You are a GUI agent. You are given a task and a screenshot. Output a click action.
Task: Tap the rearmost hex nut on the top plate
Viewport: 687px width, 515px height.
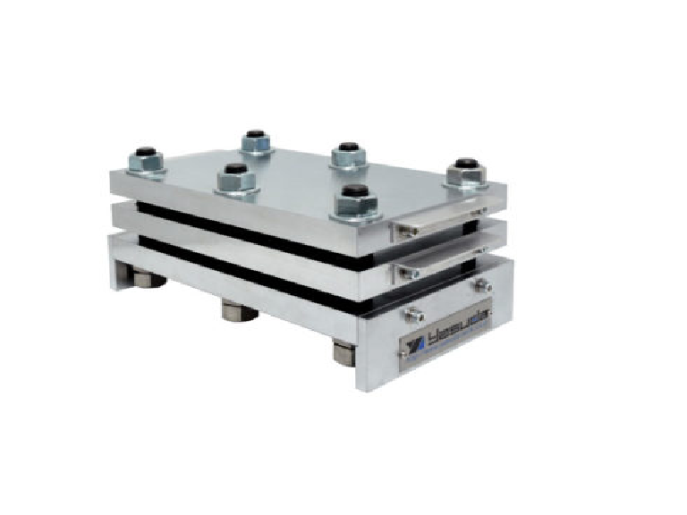pyautogui.click(x=257, y=141)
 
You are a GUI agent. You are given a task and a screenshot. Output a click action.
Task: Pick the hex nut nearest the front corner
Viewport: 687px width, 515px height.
pyautogui.click(x=356, y=201)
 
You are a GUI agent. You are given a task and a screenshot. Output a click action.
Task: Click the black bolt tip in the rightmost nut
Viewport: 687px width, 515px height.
pyautogui.click(x=464, y=164)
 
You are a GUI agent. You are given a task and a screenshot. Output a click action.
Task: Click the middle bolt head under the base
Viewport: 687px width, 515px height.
pyautogui.click(x=238, y=312)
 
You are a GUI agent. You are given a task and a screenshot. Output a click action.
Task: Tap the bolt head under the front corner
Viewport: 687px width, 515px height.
pyautogui.click(x=349, y=350)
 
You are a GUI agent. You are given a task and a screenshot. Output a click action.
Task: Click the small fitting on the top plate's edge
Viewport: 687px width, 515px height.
pyautogui.click(x=408, y=231)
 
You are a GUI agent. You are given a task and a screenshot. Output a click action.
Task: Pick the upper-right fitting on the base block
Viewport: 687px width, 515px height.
pyautogui.click(x=484, y=285)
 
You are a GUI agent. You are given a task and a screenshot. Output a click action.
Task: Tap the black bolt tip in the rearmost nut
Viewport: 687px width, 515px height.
pyautogui.click(x=257, y=135)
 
